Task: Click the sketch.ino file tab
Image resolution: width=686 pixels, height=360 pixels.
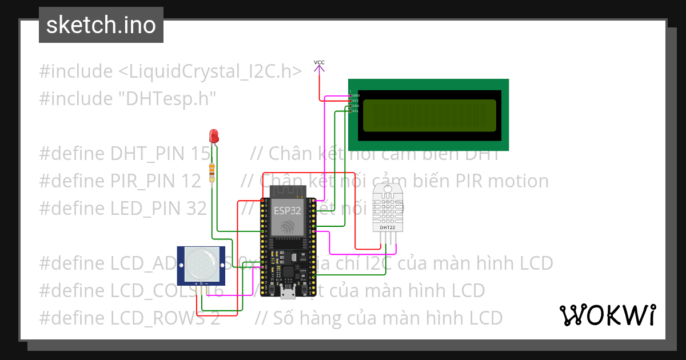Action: pos(101,25)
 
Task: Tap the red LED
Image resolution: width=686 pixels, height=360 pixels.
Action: pos(214,136)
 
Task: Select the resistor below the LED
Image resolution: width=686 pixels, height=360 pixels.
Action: pos(213,171)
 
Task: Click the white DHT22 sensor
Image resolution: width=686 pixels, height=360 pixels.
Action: pos(387,209)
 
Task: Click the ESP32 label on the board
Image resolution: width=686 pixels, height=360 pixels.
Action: pos(286,210)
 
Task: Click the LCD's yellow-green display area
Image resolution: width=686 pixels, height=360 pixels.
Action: pos(429,115)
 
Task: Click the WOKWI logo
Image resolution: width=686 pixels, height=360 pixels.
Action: pos(607,315)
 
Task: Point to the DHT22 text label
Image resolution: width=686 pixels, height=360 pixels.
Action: pos(387,227)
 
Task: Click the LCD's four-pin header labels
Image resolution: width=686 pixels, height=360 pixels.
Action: pos(354,103)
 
